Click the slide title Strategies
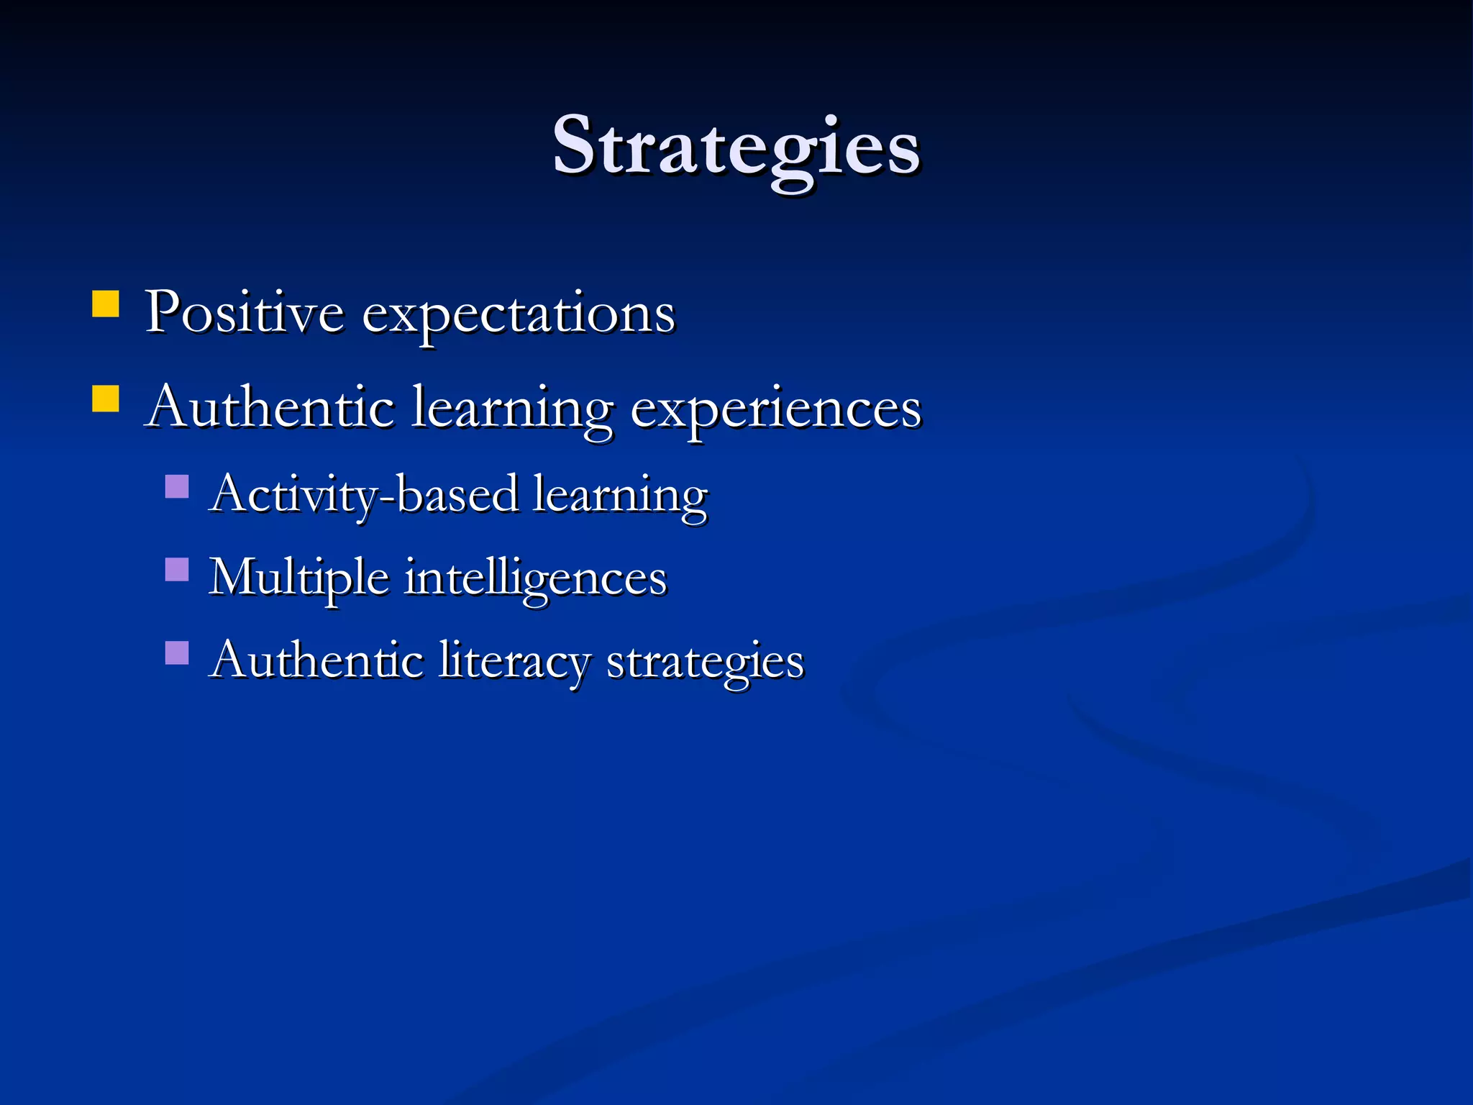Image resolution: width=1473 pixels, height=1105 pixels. tap(736, 147)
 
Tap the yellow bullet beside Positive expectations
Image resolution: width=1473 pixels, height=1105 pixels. tap(106, 304)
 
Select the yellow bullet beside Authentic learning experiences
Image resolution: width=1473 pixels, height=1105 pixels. tap(106, 399)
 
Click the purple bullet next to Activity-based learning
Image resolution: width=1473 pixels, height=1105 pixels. tap(177, 487)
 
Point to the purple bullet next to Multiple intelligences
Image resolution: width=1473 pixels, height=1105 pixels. tap(177, 570)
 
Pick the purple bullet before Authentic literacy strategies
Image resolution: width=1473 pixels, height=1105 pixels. tap(177, 653)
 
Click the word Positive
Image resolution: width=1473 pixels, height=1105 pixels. tap(245, 313)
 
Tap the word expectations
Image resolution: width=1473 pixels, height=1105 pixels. tap(518, 317)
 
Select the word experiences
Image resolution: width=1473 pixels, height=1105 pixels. tap(775, 410)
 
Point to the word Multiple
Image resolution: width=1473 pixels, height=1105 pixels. tap(298, 579)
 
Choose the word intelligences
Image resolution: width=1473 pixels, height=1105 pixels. tap(536, 579)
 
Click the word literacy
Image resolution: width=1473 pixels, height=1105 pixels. tap(514, 662)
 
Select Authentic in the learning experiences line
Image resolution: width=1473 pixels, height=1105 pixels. tap(270, 408)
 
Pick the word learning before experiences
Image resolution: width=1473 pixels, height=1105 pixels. tap(513, 410)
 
